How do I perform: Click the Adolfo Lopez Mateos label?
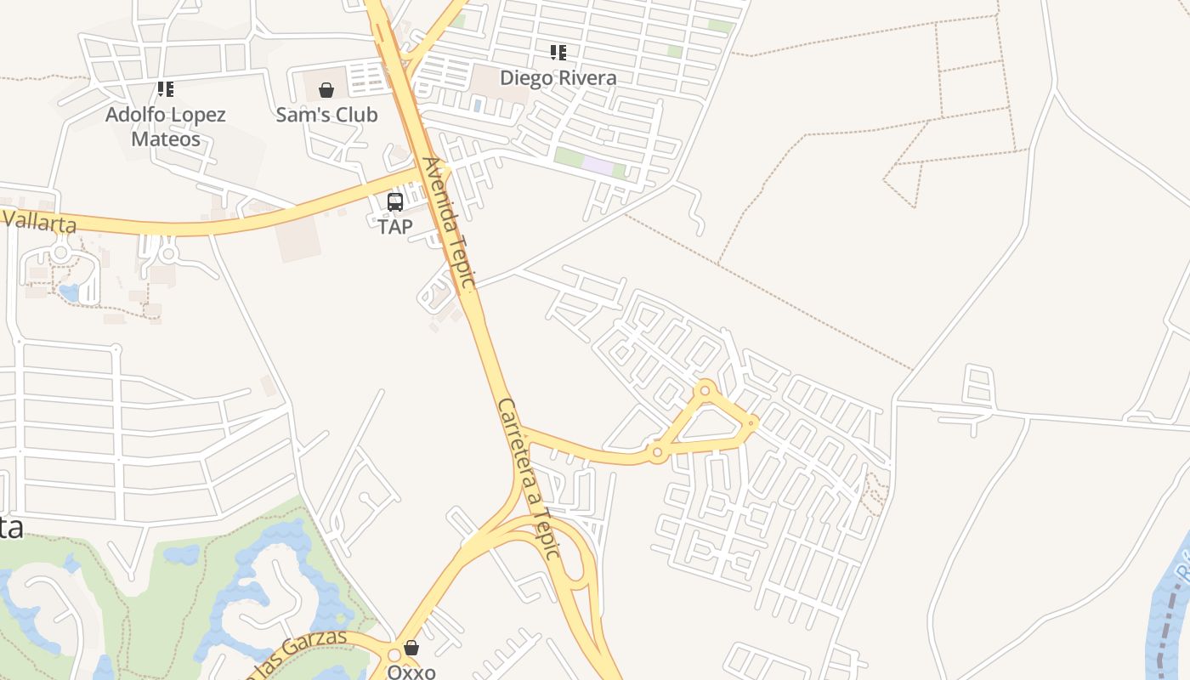point(165,127)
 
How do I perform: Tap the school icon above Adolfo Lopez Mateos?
point(165,88)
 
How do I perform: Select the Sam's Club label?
point(326,115)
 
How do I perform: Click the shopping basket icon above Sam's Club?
point(326,90)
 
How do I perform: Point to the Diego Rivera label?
point(558,77)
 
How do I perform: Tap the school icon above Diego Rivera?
point(558,53)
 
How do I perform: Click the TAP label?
point(395,227)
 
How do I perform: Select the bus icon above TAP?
point(395,202)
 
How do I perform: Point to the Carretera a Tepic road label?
point(528,478)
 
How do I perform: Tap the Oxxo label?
point(411,671)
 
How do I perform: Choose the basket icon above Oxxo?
point(411,648)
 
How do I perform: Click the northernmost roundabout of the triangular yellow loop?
point(705,391)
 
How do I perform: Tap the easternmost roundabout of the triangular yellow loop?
point(752,422)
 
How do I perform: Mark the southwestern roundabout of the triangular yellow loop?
point(656,453)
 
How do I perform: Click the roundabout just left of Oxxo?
point(394,656)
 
